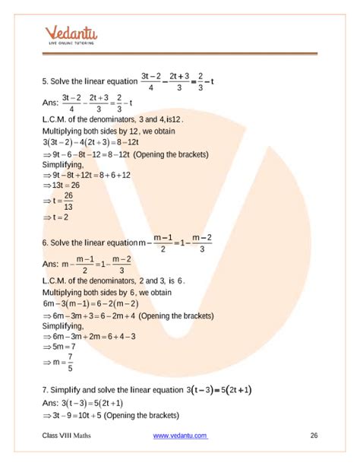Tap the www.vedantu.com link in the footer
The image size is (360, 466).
[180, 436]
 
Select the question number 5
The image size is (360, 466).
[46, 79]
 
